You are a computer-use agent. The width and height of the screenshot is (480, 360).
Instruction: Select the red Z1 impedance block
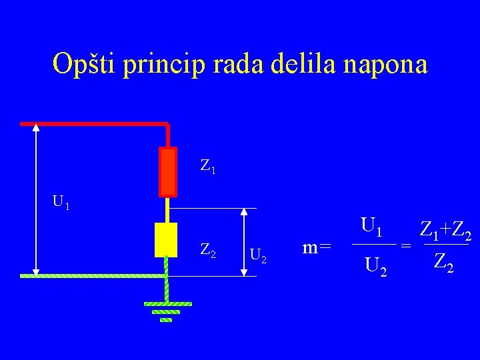click(x=168, y=171)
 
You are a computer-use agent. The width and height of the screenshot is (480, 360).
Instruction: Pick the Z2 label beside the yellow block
click(x=207, y=251)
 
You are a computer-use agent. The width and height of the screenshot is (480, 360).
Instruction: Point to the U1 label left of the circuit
click(x=61, y=201)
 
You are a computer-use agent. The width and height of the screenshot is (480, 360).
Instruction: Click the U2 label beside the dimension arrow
click(x=257, y=255)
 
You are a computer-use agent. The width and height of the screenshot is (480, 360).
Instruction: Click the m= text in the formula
click(x=317, y=247)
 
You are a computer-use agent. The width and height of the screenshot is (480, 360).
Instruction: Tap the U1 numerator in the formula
click(x=371, y=227)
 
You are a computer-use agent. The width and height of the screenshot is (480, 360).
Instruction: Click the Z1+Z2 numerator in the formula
click(x=445, y=231)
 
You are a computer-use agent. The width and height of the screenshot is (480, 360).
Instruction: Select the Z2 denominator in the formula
click(x=444, y=262)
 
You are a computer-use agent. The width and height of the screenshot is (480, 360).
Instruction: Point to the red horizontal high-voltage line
click(x=93, y=123)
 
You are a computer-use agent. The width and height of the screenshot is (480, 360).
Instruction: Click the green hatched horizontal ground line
click(x=93, y=275)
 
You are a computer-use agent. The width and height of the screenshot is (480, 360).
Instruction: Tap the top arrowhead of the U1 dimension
click(x=36, y=131)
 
